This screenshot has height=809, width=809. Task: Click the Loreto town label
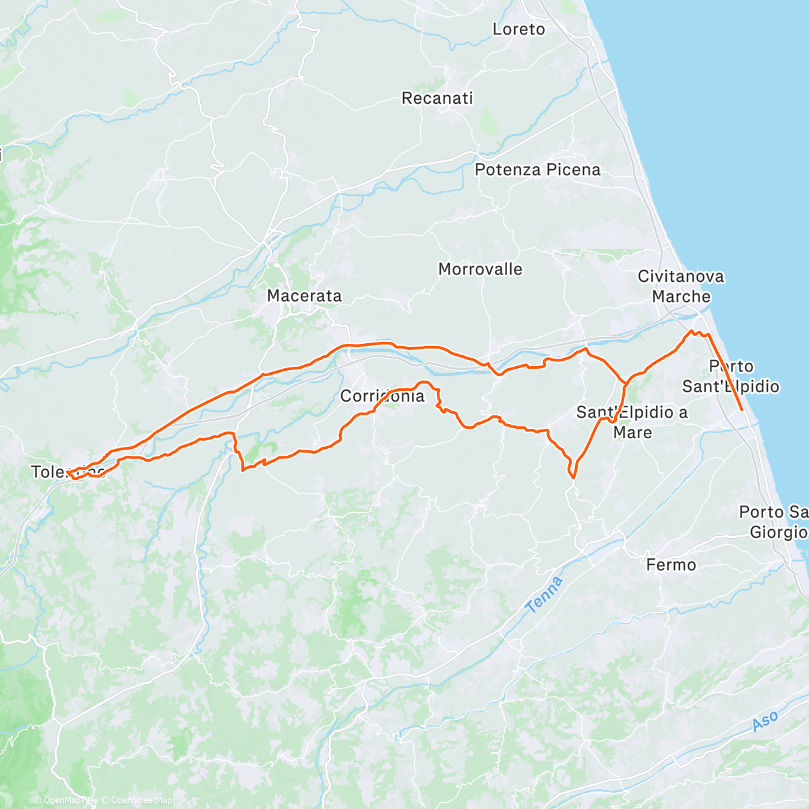[x=518, y=29]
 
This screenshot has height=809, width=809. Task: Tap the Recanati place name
[x=437, y=98]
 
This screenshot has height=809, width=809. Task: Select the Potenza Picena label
[x=537, y=170]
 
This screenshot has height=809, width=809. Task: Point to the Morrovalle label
[x=480, y=270]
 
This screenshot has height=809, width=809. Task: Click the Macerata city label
[x=304, y=296]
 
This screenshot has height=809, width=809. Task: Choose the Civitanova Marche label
[x=681, y=287]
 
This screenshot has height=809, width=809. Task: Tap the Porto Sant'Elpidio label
[x=731, y=376]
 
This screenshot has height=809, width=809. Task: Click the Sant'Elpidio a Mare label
[x=632, y=422]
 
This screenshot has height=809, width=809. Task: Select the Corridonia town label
[x=382, y=396]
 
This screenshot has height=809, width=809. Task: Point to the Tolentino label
[x=67, y=471]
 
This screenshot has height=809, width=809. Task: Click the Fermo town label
[x=671, y=565]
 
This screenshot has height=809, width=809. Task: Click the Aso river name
[x=765, y=721]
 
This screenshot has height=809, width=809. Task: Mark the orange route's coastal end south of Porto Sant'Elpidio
[x=742, y=409]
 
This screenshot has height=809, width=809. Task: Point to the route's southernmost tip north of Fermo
[x=573, y=477]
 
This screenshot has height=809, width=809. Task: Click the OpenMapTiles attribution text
[x=66, y=800]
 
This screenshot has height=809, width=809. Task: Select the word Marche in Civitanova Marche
[x=681, y=297]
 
